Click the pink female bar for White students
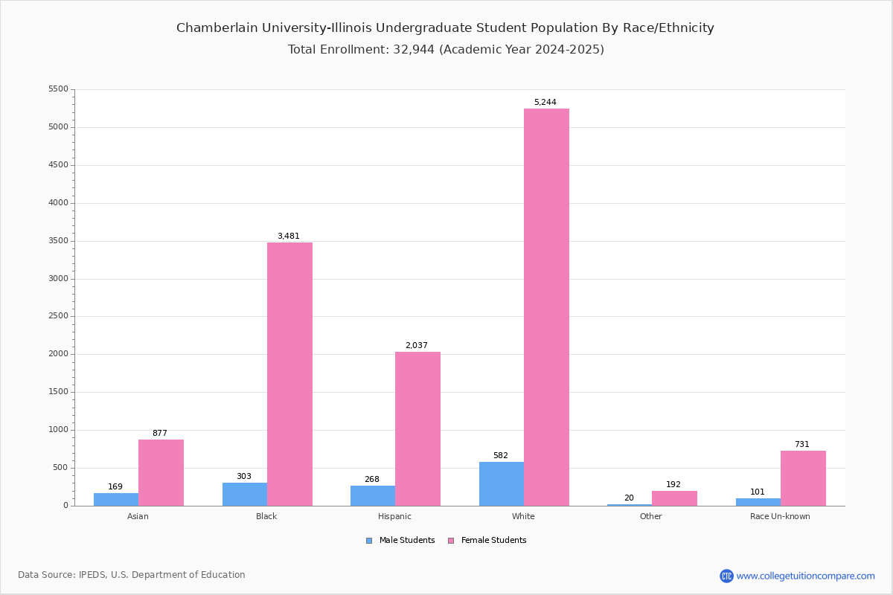point(546,307)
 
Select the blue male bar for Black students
point(245,495)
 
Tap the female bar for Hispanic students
point(417,429)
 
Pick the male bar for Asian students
point(116,500)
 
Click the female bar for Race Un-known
point(803,478)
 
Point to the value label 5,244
point(545,103)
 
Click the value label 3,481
point(289,237)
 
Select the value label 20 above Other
point(629,498)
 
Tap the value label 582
point(500,456)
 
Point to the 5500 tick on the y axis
point(58,89)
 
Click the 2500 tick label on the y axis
point(58,316)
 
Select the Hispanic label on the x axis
point(394,516)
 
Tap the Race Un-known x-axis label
point(780,516)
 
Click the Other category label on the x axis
point(650,516)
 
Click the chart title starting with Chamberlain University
point(445,28)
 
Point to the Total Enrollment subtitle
point(446,50)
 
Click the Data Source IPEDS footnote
point(132,575)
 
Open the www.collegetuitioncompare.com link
point(805,576)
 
